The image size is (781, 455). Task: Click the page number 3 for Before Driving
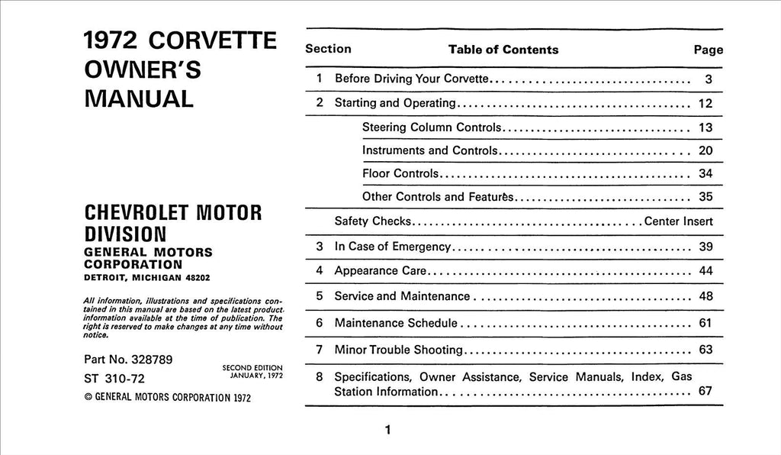[708, 79]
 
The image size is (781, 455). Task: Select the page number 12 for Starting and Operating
[705, 103]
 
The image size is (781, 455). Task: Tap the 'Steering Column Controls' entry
[432, 127]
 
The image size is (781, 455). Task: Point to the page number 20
[705, 150]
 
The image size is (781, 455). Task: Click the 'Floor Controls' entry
[400, 173]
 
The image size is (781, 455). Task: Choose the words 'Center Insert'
[679, 221]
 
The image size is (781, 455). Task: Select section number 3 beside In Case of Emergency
[320, 247]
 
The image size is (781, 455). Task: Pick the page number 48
[705, 295]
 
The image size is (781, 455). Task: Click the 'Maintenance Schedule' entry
[396, 323]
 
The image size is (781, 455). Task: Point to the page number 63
[705, 350]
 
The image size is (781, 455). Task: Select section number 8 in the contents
[320, 376]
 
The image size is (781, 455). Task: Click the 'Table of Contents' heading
[503, 50]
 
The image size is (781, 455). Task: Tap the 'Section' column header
[328, 49]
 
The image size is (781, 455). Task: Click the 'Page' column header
[708, 50]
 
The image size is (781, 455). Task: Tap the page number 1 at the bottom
[387, 431]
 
